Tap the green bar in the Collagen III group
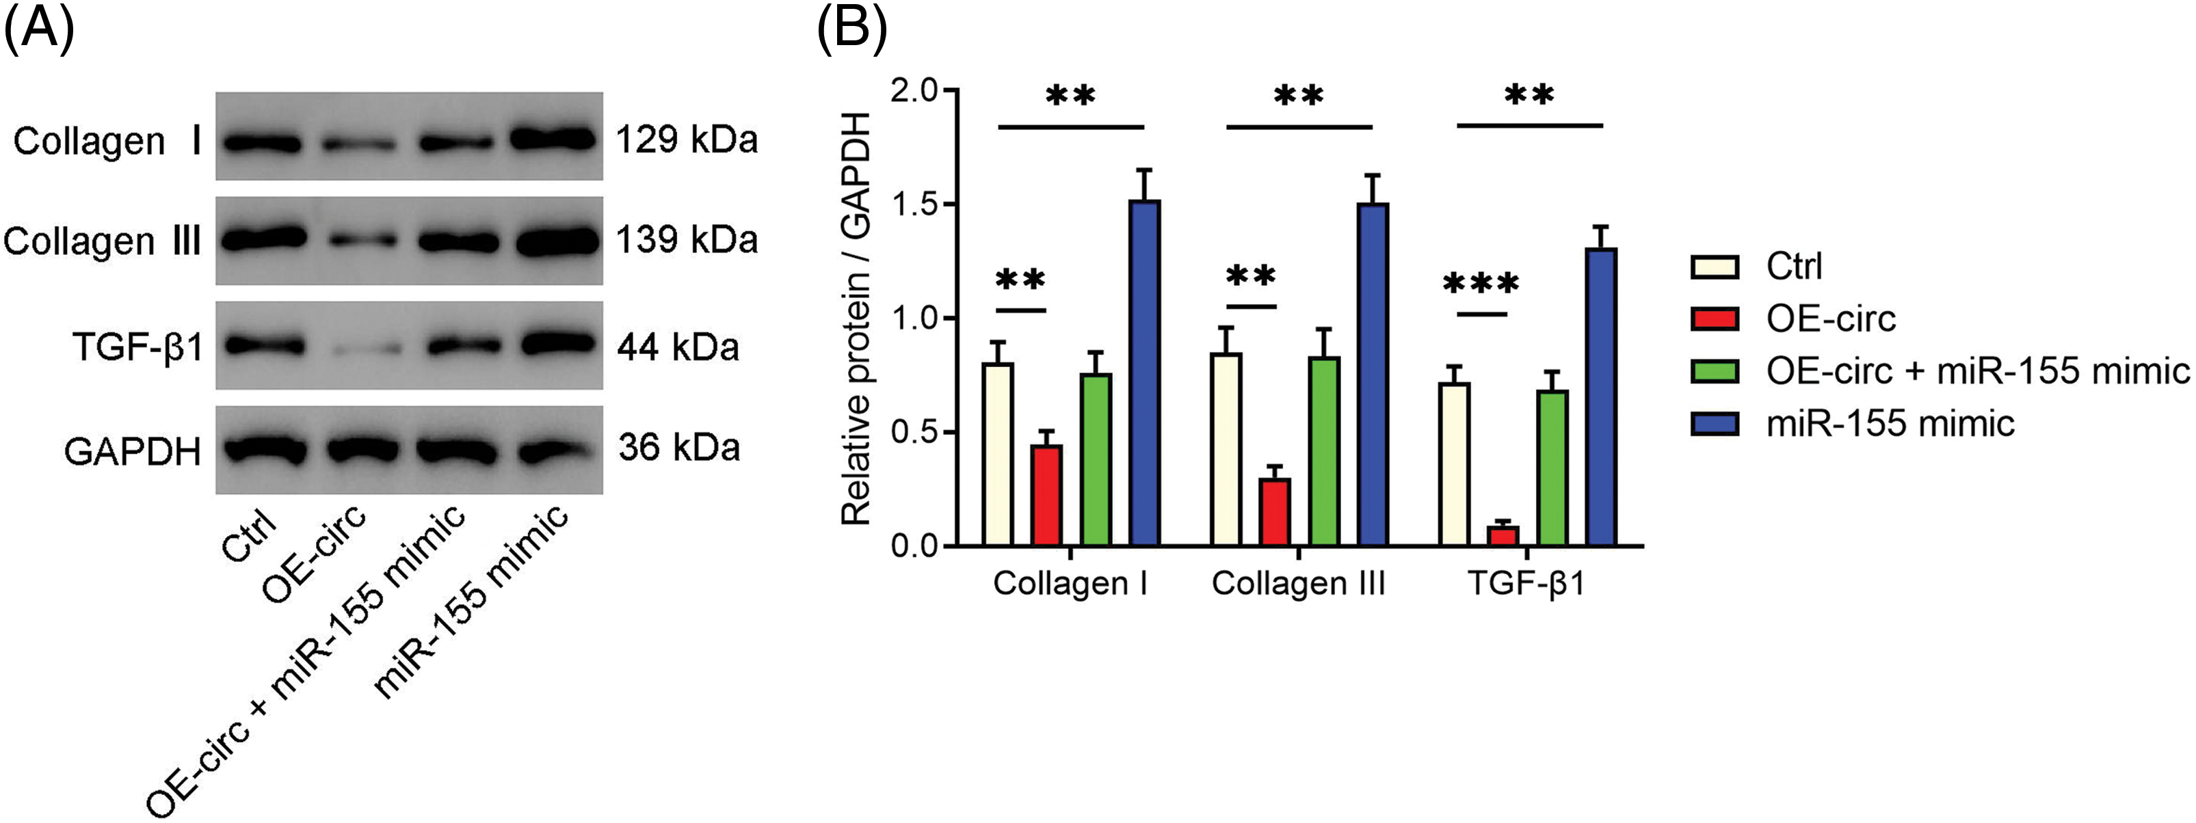[x=1324, y=452]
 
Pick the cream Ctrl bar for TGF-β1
[x=1455, y=464]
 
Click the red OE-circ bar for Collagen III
[x=1275, y=511]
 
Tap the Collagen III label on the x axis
[x=1298, y=584]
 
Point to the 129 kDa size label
[x=686, y=139]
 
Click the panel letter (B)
[x=851, y=31]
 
